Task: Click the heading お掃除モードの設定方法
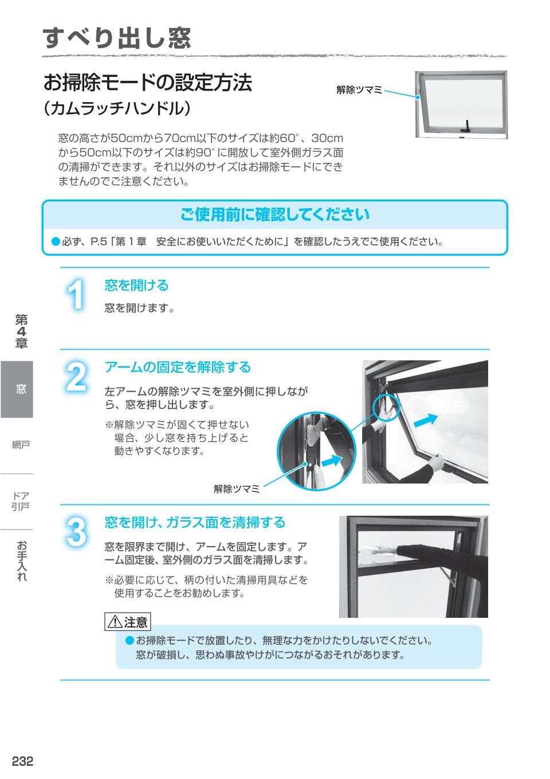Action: (147, 83)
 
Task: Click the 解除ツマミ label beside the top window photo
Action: (359, 89)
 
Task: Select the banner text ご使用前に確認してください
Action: (275, 215)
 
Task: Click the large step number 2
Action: (76, 377)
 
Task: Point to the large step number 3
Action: (76, 532)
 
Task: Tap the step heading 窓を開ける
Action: (136, 285)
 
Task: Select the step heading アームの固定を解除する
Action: (178, 367)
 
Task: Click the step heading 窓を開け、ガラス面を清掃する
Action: (195, 523)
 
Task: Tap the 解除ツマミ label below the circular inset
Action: (237, 489)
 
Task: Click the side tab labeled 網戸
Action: (21, 445)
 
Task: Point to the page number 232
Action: (23, 761)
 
